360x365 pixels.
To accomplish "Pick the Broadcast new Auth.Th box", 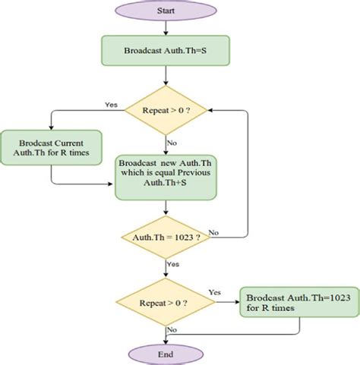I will coord(165,178).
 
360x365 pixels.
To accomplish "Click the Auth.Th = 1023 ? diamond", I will coord(166,237).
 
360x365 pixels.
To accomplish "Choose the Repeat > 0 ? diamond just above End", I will coord(165,302).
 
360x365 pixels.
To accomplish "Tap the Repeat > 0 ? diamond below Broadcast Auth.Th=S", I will coord(165,112).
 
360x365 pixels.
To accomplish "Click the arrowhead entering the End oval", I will coord(165,338).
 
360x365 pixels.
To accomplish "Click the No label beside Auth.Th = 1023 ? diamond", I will coord(213,231).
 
